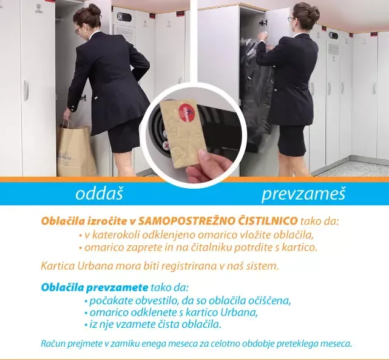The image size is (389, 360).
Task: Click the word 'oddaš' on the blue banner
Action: point(100,194)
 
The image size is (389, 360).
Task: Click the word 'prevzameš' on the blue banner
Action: point(303,194)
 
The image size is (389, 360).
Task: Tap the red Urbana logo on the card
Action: point(187,113)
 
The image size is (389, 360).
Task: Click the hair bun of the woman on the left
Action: point(95,10)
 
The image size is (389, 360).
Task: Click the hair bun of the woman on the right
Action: point(313,12)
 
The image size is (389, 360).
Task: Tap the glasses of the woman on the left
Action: point(78,30)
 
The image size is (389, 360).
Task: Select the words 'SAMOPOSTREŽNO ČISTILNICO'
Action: point(218,220)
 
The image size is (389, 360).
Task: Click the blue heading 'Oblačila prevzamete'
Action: point(95,288)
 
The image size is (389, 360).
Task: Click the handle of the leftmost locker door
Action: point(26,90)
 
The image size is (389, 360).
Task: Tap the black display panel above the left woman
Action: point(124,17)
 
